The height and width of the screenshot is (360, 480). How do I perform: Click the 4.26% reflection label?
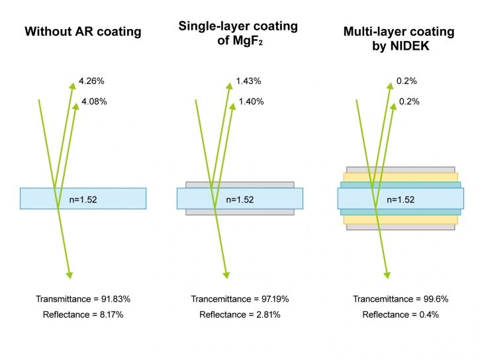pyautogui.click(x=91, y=81)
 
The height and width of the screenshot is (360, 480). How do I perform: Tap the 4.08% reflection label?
pyautogui.click(x=94, y=101)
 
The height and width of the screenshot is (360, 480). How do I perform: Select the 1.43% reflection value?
pyautogui.click(x=248, y=81)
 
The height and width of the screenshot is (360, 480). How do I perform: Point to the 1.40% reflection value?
pyautogui.click(x=252, y=101)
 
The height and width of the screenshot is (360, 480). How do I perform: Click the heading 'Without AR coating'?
pyautogui.click(x=83, y=32)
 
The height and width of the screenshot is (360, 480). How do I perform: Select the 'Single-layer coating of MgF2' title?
pyautogui.click(x=238, y=33)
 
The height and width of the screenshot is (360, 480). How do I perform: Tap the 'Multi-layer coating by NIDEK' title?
pyautogui.click(x=399, y=38)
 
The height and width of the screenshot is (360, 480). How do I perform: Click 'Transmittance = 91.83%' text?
pyautogui.click(x=83, y=299)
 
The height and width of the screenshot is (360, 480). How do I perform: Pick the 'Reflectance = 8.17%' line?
pyautogui.click(x=83, y=314)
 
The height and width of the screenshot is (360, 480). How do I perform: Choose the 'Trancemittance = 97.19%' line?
pyautogui.click(x=240, y=299)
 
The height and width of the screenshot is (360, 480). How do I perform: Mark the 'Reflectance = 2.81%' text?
pyautogui.click(x=240, y=314)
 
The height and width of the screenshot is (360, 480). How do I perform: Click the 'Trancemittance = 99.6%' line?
pyautogui.click(x=401, y=299)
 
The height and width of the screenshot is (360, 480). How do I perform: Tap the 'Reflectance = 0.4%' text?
pyautogui.click(x=401, y=314)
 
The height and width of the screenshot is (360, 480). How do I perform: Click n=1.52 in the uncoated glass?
pyautogui.click(x=83, y=200)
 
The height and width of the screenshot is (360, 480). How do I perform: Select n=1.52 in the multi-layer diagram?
pyautogui.click(x=401, y=200)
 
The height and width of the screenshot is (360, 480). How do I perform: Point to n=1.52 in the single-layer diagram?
pyautogui.click(x=240, y=200)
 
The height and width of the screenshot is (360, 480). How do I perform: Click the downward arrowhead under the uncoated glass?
pyautogui.click(x=70, y=275)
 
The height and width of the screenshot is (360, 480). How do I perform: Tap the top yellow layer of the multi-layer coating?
pyautogui.click(x=401, y=177)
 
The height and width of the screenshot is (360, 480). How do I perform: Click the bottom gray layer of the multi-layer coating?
pyautogui.click(x=401, y=227)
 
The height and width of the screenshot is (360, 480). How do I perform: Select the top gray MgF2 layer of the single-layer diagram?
pyautogui.click(x=240, y=185)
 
